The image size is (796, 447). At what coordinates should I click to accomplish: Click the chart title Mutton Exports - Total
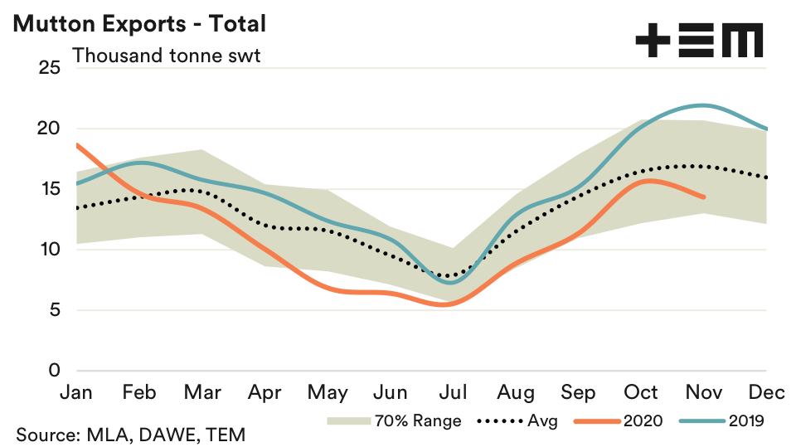click(138, 23)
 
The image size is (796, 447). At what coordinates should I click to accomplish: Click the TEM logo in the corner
click(698, 40)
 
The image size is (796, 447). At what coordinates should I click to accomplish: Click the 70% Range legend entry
click(395, 420)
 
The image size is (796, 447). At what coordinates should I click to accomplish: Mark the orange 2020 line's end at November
click(704, 197)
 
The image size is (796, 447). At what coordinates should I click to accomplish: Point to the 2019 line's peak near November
click(703, 105)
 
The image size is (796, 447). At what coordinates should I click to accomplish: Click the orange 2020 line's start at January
click(76, 144)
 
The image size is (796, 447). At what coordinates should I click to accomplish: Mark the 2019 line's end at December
click(766, 129)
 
